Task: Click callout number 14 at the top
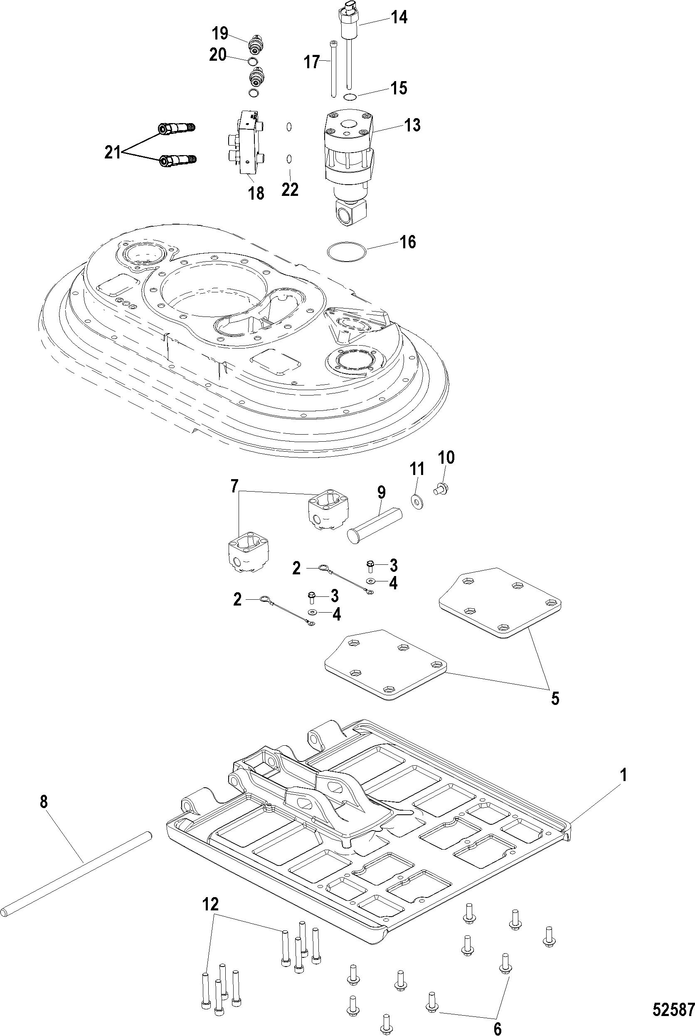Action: coord(399,17)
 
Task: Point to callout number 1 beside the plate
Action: coord(623,775)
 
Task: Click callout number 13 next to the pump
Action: coord(412,125)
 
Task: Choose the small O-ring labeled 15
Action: coord(350,97)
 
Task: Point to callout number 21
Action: coord(113,153)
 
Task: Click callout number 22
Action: coord(290,189)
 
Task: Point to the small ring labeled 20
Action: coord(253,61)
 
